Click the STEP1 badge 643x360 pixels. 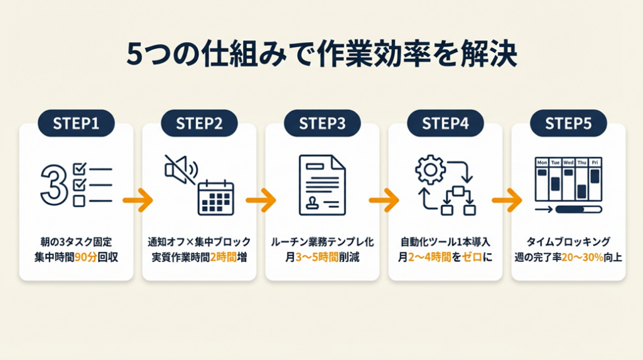(76, 123)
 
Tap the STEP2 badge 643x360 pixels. (199, 123)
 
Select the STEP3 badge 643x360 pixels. (322, 123)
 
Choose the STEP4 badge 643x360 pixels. (445, 123)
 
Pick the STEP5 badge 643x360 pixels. (568, 123)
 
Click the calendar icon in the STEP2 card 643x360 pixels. (215, 198)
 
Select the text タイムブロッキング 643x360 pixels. (568, 241)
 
